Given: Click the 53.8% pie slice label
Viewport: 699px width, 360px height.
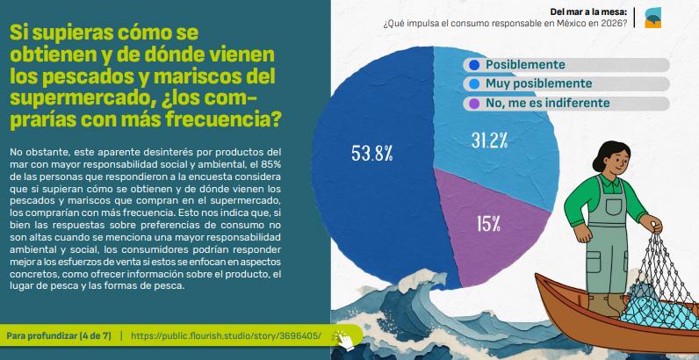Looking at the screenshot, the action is click(x=371, y=154).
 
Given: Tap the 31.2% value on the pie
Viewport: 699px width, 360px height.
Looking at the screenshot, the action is click(x=489, y=140).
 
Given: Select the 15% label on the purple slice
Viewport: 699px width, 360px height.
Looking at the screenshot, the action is click(x=488, y=224).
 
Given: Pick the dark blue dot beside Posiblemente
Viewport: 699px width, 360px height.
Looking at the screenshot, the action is click(x=474, y=65).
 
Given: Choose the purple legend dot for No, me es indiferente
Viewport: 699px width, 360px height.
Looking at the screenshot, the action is click(x=474, y=104).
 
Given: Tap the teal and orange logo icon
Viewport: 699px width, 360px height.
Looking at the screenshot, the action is click(x=652, y=18).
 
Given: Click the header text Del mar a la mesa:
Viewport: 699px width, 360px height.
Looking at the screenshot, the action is click(x=588, y=12).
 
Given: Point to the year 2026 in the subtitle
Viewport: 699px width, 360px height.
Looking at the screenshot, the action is click(x=614, y=24).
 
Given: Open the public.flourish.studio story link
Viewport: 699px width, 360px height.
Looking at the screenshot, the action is click(x=226, y=336).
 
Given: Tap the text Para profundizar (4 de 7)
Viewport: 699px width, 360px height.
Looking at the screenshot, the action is click(x=59, y=336).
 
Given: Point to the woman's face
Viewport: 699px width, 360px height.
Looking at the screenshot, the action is click(x=617, y=162).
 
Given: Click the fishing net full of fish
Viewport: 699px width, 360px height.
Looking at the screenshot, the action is click(x=655, y=285).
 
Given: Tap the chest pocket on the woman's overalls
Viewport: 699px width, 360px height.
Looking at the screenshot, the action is click(x=614, y=205).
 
